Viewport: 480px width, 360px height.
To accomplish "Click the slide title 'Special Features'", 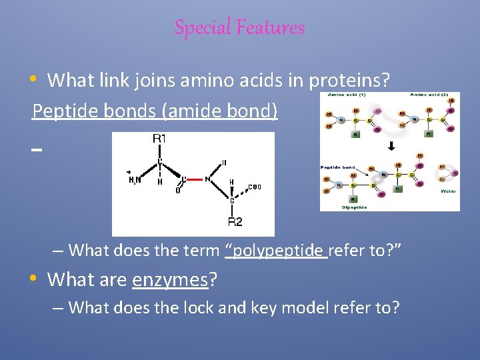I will coord(239,27).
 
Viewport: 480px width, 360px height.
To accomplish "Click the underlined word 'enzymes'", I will coord(171,280).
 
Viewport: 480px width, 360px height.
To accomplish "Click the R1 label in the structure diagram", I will coord(160,139).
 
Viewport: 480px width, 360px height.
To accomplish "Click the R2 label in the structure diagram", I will coord(235,221).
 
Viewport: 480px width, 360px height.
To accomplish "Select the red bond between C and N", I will coord(194,179).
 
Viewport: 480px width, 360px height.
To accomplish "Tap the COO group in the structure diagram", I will coord(255,187).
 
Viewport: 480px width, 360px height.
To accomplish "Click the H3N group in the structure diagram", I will coord(135,179).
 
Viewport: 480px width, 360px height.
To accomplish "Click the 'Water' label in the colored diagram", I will coord(448,191).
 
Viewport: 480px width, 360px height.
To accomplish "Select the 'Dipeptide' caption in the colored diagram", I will coord(355,207).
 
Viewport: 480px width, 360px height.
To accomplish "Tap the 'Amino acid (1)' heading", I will coord(346,95).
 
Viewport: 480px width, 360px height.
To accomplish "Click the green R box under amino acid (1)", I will coord(356,134).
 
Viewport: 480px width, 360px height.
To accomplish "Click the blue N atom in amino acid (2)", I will coord(415,121).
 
